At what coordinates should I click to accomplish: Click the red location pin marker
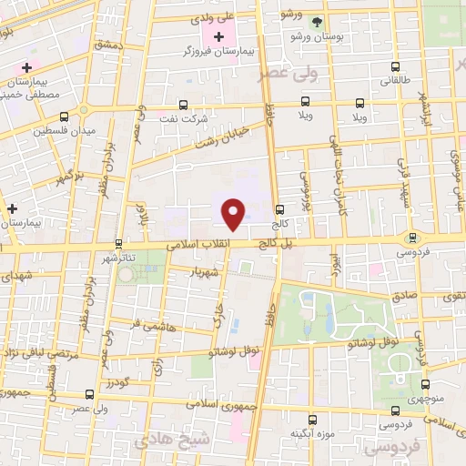click(234, 214)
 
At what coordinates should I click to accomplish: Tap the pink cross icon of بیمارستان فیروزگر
click(218, 36)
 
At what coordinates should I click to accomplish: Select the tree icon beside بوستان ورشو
click(317, 20)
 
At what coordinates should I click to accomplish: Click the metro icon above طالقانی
click(394, 66)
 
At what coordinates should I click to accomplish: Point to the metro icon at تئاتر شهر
click(118, 244)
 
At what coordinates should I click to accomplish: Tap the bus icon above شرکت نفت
click(184, 105)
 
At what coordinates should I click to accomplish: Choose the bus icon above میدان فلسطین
click(63, 116)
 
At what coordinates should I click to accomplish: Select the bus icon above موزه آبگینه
click(312, 420)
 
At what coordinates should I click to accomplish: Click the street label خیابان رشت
click(224, 136)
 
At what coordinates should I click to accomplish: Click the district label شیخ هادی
click(164, 441)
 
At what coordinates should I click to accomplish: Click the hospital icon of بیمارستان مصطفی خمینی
click(27, 68)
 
